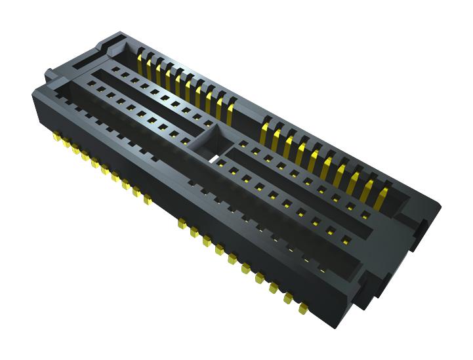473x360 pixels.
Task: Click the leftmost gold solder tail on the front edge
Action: tap(58, 139)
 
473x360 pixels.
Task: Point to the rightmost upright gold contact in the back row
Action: tap(384, 190)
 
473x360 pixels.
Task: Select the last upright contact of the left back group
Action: tap(231, 105)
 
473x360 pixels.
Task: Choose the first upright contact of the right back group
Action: tap(267, 126)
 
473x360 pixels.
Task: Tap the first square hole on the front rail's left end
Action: tap(91, 83)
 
